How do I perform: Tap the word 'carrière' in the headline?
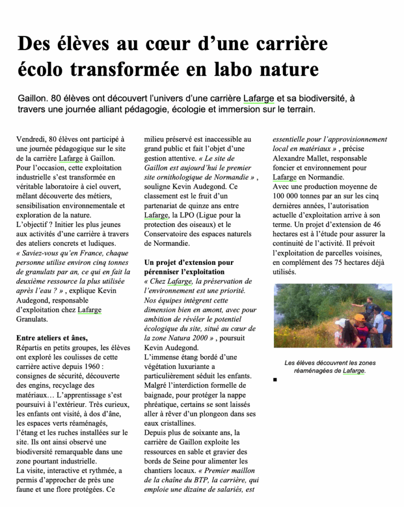coord(292,44)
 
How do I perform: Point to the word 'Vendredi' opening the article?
coord(31,140)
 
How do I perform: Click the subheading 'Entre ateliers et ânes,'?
coord(52,338)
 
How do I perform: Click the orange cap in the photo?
coord(359,318)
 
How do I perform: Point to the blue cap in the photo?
coord(387,313)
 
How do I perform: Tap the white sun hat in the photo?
coord(341,323)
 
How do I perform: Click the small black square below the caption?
coord(275,380)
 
